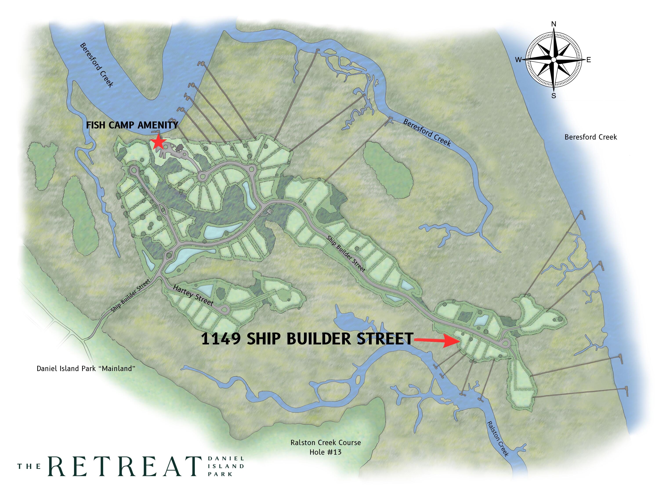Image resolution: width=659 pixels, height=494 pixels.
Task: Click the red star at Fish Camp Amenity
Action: click(158, 142)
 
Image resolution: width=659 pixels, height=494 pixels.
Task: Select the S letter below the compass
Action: click(554, 96)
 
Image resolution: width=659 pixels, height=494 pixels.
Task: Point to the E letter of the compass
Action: click(589, 60)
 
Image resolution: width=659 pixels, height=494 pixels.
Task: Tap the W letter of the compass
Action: click(518, 60)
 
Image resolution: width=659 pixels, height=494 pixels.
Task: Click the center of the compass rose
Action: click(554, 60)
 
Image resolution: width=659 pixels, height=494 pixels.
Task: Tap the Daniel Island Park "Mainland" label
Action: click(86, 369)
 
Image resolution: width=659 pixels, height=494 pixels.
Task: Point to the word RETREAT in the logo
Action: click(125, 466)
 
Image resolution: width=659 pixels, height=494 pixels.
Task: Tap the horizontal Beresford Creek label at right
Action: click(591, 137)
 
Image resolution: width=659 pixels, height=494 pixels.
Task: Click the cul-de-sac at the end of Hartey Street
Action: click(224, 309)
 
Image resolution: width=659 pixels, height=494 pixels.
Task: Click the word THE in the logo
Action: click(29, 466)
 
